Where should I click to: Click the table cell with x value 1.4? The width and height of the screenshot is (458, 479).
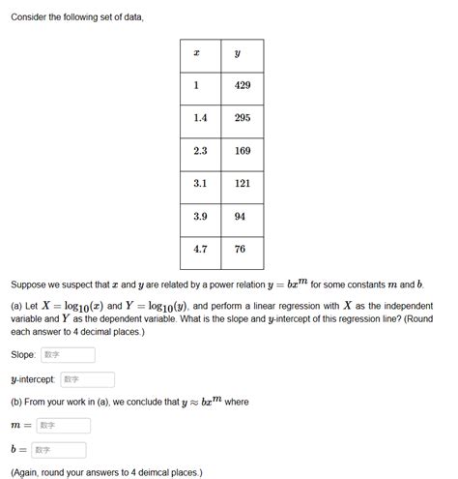(200, 118)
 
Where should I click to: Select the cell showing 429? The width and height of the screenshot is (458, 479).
(243, 85)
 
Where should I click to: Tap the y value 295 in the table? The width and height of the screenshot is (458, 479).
(243, 118)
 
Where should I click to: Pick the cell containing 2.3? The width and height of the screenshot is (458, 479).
(200, 151)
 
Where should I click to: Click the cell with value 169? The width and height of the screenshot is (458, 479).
(243, 151)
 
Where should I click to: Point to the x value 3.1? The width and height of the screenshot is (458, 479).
(200, 184)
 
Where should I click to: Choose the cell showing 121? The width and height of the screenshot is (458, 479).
(243, 184)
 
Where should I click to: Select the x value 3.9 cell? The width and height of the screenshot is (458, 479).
(200, 217)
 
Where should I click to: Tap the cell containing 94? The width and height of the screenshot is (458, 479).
(243, 217)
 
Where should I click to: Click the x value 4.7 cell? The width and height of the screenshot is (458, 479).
(200, 250)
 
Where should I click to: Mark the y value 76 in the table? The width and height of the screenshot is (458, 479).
(243, 250)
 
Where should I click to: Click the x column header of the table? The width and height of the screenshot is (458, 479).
(200, 53)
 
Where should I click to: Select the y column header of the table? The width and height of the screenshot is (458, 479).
(243, 53)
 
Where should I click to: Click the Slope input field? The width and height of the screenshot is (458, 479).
(66, 355)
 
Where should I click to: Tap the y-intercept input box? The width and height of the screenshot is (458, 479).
(87, 379)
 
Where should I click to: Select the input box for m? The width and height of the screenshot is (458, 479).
(64, 425)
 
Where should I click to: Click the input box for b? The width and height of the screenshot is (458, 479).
(59, 450)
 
